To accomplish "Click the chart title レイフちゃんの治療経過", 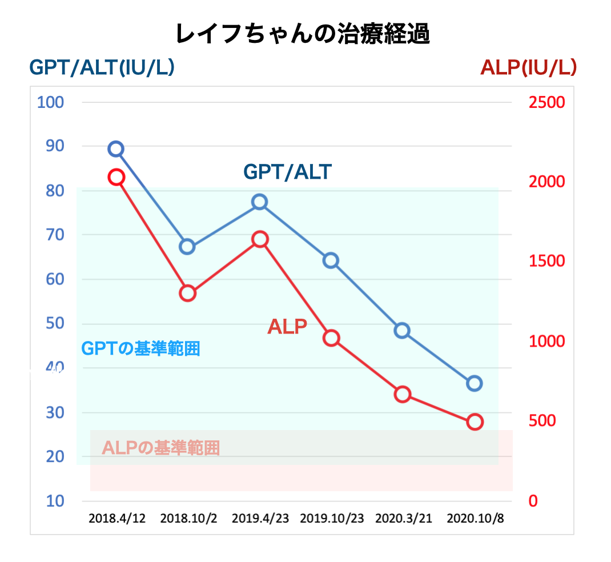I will [302, 34].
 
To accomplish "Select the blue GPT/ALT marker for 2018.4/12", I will [116, 149].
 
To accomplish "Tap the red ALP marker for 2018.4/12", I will [116, 177].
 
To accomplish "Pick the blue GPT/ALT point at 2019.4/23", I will [260, 202].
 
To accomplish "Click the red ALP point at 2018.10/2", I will [188, 294].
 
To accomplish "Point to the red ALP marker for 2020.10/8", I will [475, 422].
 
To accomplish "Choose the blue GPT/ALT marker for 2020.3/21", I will [402, 331].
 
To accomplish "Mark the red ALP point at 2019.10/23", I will [331, 338].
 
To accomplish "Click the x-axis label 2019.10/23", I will [331, 519].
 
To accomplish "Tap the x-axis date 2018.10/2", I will [188, 519].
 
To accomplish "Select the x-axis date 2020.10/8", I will [475, 519].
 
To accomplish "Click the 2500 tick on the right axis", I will [546, 103].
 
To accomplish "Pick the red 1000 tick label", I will [546, 341].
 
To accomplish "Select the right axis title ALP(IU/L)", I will [528, 68].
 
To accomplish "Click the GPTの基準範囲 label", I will [140, 348].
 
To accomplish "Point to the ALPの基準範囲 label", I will [160, 448].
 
